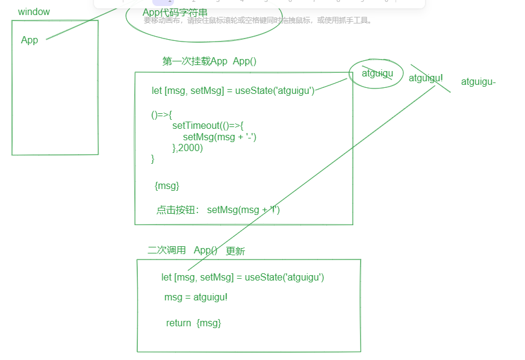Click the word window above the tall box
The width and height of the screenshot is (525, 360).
point(34,12)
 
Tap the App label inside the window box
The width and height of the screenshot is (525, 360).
point(30,40)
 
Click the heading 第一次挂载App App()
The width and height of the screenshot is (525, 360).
point(210,61)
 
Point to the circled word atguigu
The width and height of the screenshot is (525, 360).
point(377,73)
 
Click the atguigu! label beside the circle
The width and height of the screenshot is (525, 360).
point(426,78)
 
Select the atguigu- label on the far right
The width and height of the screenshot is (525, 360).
point(478,82)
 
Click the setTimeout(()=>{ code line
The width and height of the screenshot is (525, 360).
point(208,126)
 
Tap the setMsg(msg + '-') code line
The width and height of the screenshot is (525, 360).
point(220,137)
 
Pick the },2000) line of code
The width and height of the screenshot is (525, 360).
point(187,148)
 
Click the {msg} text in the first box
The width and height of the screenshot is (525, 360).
point(167,186)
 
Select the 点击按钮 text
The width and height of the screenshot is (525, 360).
point(178,210)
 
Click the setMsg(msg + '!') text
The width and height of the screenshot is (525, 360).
point(243,210)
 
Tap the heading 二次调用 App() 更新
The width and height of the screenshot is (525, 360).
point(196,251)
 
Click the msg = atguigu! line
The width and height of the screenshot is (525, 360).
point(196,297)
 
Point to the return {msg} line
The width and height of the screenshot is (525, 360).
point(193,323)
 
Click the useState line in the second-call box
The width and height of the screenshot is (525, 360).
point(243,278)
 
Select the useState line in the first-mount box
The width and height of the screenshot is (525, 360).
point(232,91)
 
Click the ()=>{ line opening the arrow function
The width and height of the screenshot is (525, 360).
point(162,114)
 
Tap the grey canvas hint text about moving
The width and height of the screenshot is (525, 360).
point(258,20)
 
